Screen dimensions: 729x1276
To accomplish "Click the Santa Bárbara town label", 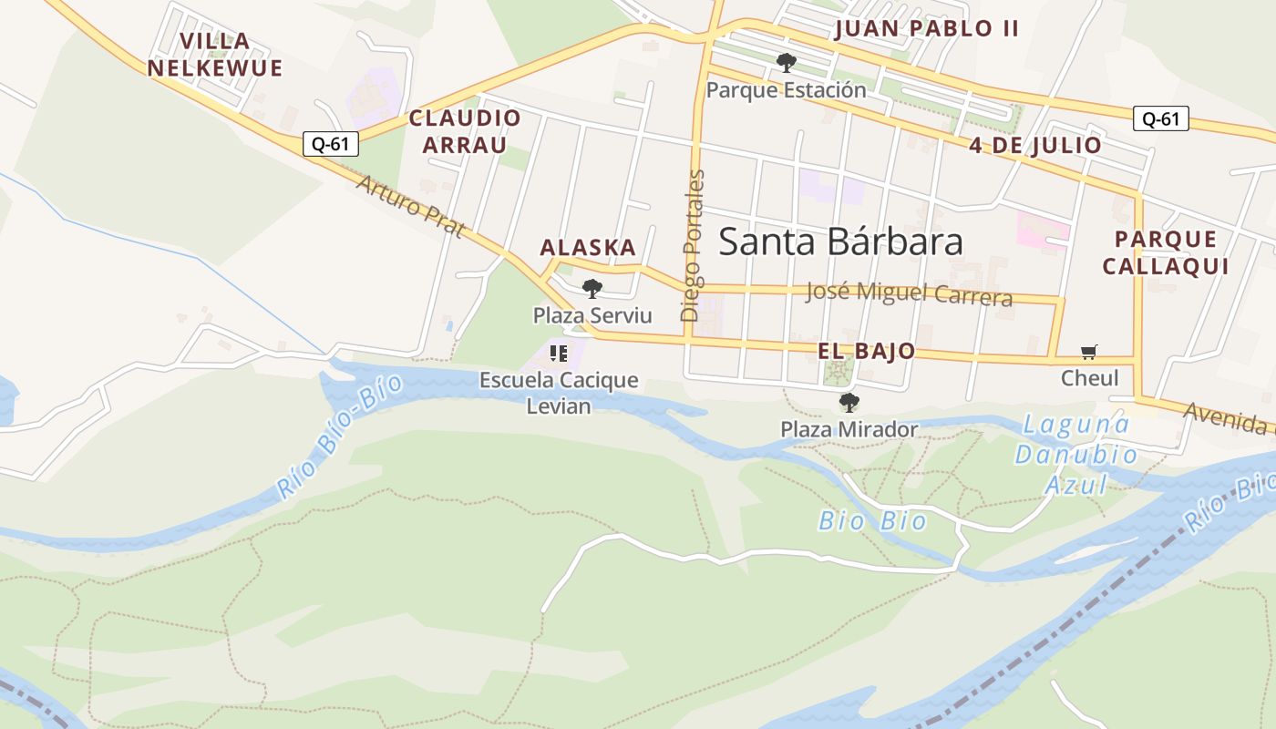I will tap(840, 241).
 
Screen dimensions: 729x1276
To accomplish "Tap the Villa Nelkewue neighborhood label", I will tap(215, 55).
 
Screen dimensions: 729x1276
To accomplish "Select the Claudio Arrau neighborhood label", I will tap(465, 131).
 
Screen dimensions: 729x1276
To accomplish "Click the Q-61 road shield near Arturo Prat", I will tap(331, 143).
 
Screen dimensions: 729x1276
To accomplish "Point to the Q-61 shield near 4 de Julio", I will tap(1161, 118).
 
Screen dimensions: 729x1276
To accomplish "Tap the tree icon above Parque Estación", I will tap(786, 63).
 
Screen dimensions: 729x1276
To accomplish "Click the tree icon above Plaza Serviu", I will tap(592, 289).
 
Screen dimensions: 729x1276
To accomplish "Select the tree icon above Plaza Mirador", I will tap(849, 402).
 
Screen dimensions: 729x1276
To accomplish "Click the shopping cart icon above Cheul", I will tap(1089, 352).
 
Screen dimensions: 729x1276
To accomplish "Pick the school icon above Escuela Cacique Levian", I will tap(559, 353).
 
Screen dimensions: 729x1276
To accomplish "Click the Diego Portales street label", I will tap(693, 245).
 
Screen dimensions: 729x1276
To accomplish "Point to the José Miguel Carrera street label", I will tap(909, 293).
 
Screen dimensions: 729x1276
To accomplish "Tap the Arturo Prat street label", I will tap(410, 206).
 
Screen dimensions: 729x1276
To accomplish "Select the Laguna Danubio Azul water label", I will tap(1075, 454).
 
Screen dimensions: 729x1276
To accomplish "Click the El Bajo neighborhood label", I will tap(866, 352).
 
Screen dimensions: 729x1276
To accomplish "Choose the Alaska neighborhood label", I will tap(588, 248).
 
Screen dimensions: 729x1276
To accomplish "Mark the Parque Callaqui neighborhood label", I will tap(1165, 252).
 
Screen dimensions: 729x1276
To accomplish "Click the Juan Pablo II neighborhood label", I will tap(926, 28).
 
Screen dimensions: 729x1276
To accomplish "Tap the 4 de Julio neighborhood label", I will tap(1035, 146).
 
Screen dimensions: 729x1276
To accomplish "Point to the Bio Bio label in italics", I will tap(872, 521).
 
